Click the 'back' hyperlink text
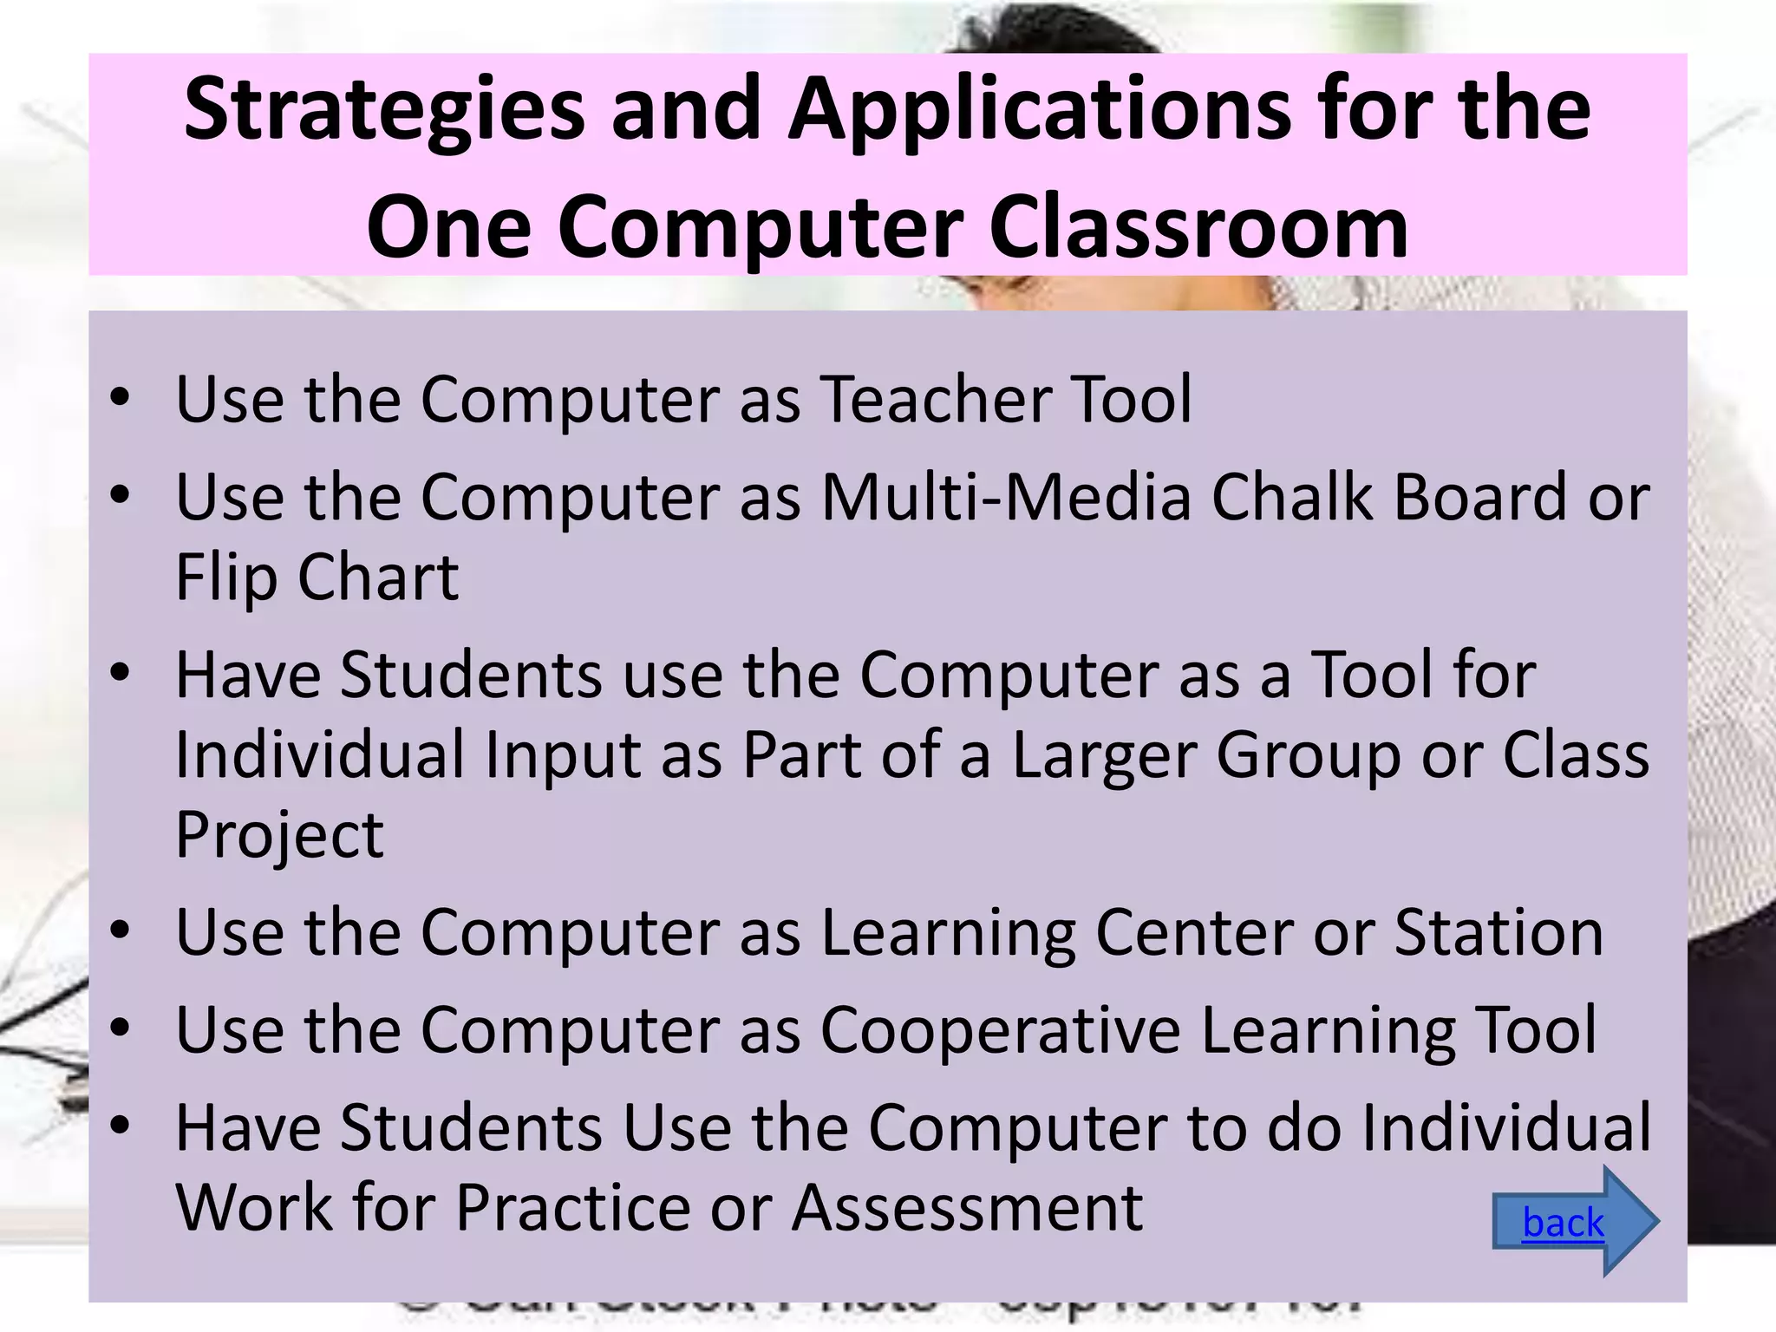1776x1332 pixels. (1563, 1224)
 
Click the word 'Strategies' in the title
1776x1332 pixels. (385, 109)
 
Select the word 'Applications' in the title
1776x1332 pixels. (1040, 109)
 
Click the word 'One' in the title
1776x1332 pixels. (448, 227)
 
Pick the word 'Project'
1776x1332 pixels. (279, 835)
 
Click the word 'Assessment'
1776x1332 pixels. (967, 1208)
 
